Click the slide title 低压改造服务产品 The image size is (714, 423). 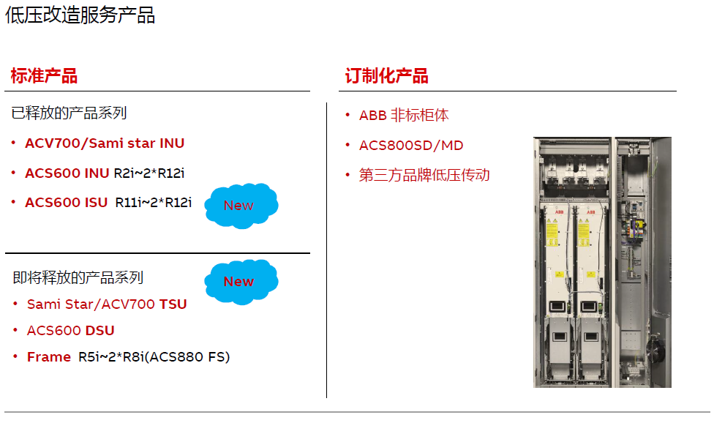click(80, 15)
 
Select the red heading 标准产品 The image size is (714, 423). click(44, 75)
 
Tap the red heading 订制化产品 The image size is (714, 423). click(386, 75)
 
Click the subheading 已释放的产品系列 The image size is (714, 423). click(69, 113)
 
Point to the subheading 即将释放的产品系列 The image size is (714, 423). click(78, 277)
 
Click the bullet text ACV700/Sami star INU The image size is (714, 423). click(105, 143)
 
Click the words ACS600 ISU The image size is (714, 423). click(66, 203)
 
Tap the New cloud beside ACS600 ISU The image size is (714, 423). click(240, 206)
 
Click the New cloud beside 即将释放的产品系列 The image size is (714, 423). click(240, 281)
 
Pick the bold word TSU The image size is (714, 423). click(173, 304)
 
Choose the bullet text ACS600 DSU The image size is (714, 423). click(71, 331)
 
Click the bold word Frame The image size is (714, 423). click(49, 357)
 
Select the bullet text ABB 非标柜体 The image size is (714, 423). click(404, 116)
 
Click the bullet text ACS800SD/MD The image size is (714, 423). click(411, 146)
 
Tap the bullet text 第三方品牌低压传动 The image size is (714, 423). click(424, 175)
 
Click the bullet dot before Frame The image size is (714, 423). click(15, 356)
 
